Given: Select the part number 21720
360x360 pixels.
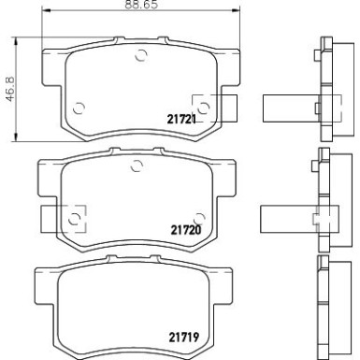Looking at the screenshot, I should [186, 227].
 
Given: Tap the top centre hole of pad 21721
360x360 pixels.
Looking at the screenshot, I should [140, 53].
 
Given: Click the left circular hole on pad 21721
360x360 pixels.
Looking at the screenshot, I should [79, 105].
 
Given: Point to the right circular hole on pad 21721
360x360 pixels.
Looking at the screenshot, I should [199, 104].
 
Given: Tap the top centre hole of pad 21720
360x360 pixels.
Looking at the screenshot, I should [137, 167].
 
